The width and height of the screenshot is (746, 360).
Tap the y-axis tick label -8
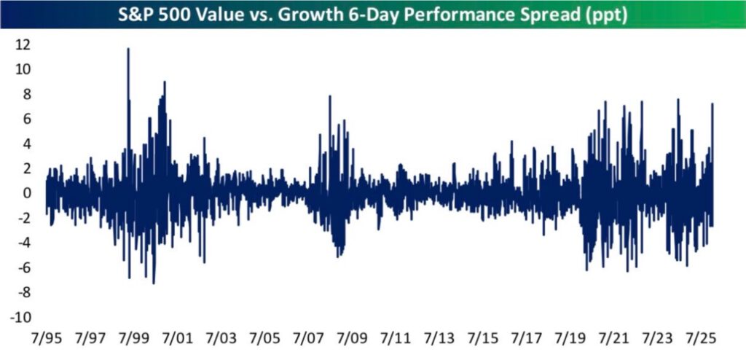pos(20,293)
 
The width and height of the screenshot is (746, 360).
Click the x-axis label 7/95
pos(46,340)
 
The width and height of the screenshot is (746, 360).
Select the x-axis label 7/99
pos(133,340)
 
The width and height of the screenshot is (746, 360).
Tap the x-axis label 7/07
pos(309,340)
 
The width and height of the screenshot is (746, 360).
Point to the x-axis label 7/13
pos(439,340)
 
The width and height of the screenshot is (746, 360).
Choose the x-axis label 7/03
pos(221,340)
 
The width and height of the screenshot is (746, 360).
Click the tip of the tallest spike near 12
pos(128,49)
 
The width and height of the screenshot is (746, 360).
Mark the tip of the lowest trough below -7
pos(153,283)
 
